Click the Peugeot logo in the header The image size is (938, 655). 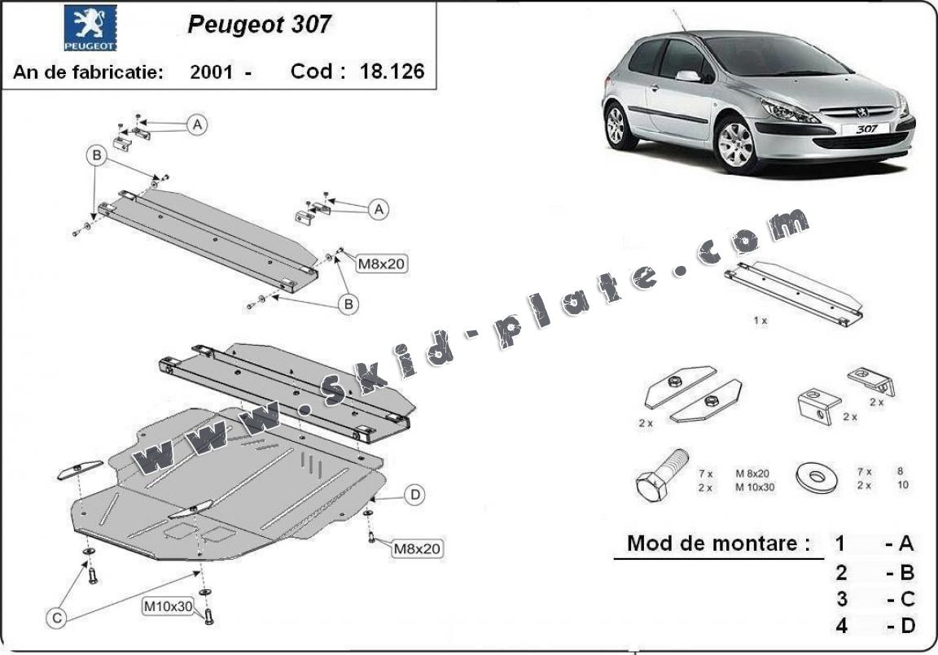[90, 28]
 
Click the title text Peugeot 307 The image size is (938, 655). [259, 24]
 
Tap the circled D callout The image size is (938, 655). [414, 494]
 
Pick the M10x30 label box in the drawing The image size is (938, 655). [169, 606]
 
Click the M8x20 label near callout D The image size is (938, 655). [417, 549]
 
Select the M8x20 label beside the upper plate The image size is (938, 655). [382, 263]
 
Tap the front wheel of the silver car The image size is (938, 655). [736, 145]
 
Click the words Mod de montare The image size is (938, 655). [719, 544]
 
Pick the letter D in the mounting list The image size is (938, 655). [907, 626]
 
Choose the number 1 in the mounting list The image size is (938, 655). [841, 544]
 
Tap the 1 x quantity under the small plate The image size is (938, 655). [760, 321]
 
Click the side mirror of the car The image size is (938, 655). [688, 76]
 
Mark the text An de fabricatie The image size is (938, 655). [88, 72]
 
